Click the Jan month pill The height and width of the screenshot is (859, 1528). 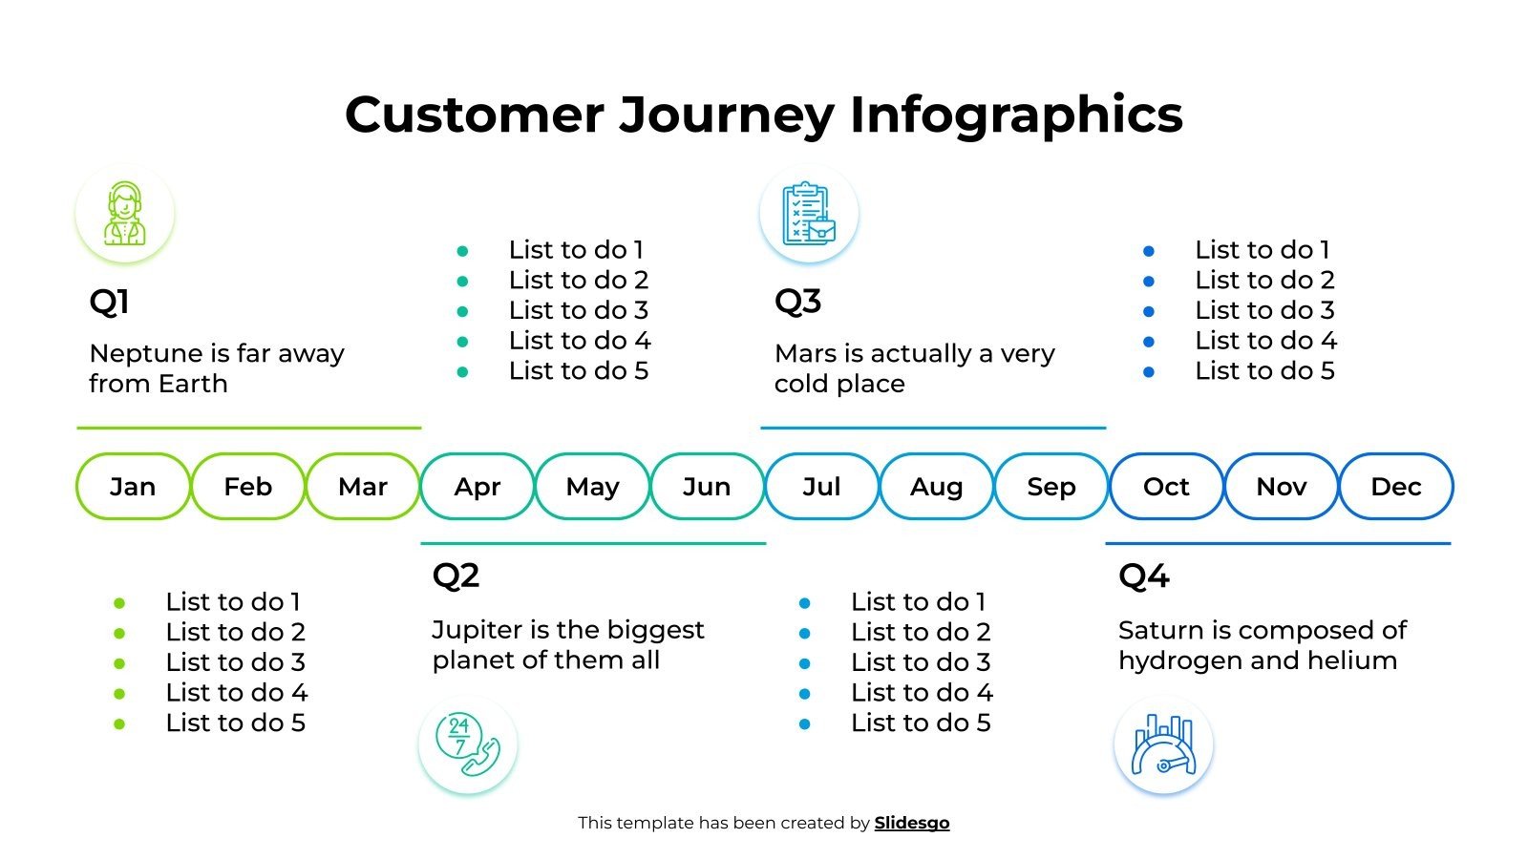(x=133, y=487)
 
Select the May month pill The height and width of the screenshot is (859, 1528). (x=592, y=487)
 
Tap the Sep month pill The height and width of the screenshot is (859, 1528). (x=1050, y=487)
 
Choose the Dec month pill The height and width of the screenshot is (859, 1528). (x=1395, y=487)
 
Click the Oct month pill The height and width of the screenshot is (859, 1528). (x=1166, y=487)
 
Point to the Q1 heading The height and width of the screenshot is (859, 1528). (x=109, y=303)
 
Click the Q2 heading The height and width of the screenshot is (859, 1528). (x=456, y=576)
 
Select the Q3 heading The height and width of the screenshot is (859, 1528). (x=797, y=302)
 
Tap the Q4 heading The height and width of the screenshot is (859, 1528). (x=1143, y=576)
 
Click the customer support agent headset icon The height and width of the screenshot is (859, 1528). (x=125, y=214)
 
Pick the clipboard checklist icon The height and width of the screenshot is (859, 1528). (x=809, y=214)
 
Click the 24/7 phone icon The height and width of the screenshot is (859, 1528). (x=468, y=744)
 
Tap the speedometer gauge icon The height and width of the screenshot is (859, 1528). (x=1163, y=744)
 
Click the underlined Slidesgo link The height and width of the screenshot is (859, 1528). (x=911, y=823)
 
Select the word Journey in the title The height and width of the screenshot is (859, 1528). (x=726, y=115)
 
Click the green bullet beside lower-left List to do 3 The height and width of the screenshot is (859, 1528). (x=119, y=663)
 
